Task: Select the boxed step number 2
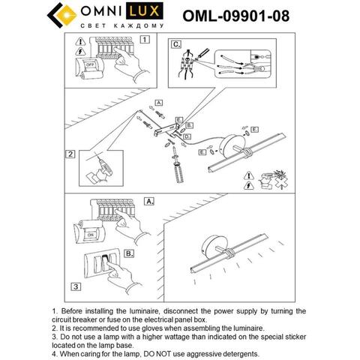(69, 156)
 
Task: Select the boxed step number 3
(75, 286)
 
